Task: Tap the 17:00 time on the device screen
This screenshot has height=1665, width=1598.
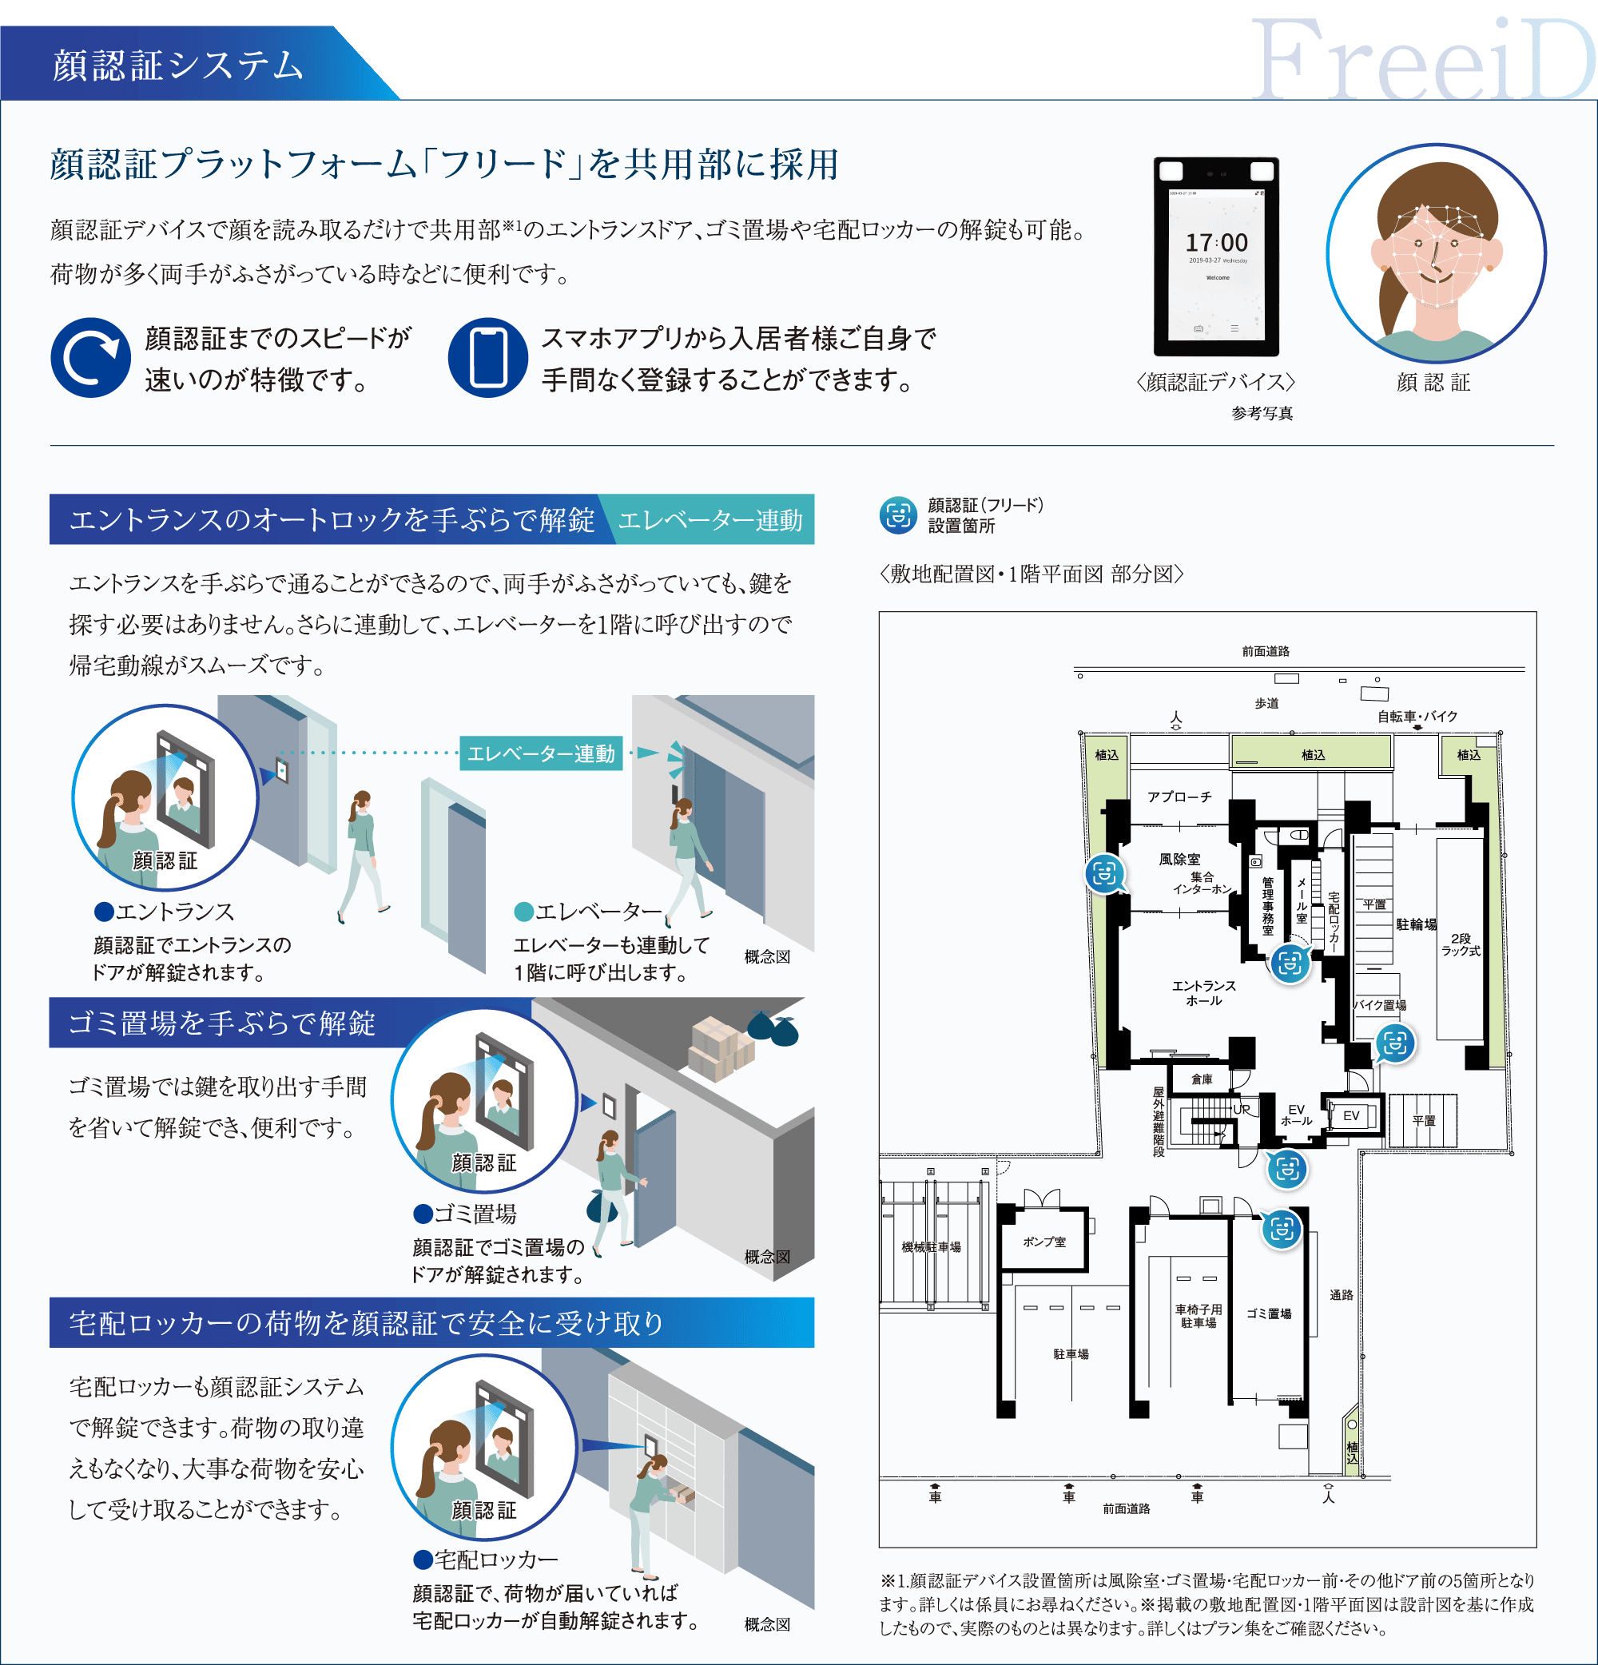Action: (1217, 243)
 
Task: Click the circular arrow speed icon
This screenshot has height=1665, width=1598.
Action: (90, 358)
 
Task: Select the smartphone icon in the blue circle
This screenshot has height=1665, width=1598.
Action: (487, 358)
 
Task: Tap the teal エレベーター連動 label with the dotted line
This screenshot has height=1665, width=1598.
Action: (540, 753)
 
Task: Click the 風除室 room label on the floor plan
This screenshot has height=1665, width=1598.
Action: (1179, 860)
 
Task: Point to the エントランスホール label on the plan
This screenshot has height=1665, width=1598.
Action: (1204, 993)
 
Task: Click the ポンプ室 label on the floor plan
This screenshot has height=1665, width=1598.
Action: (1044, 1242)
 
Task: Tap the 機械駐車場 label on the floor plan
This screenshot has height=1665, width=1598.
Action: (931, 1247)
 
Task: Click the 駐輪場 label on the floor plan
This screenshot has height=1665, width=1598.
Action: (1415, 924)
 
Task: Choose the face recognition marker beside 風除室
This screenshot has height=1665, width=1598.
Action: (1104, 873)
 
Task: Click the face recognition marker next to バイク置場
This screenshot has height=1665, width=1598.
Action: (1395, 1043)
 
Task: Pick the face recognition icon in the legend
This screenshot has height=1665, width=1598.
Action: (898, 515)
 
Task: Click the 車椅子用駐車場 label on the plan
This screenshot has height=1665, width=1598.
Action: (1198, 1316)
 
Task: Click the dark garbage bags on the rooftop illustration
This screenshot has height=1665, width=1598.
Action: (774, 1029)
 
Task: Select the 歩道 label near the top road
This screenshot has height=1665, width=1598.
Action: (1266, 703)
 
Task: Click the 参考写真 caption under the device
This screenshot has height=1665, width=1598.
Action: (1262, 414)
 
